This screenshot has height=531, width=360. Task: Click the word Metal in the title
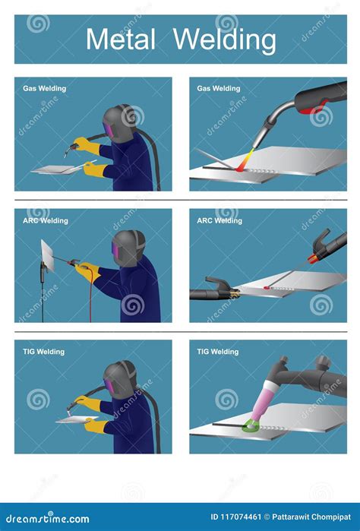point(121,39)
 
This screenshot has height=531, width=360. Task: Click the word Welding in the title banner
point(225,40)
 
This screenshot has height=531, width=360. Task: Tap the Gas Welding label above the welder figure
point(45,88)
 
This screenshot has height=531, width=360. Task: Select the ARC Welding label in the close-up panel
point(219,221)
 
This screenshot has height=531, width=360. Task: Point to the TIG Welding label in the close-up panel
point(218,352)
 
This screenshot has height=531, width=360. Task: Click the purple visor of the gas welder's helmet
point(109,129)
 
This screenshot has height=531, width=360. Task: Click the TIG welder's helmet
point(120,380)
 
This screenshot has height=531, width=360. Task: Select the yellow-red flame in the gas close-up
point(245,160)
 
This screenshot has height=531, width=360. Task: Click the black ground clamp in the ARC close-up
point(214,291)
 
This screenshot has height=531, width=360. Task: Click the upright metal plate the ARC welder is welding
point(47,255)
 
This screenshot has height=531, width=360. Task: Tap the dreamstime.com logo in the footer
point(47,518)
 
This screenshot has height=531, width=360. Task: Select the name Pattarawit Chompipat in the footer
point(311,517)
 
